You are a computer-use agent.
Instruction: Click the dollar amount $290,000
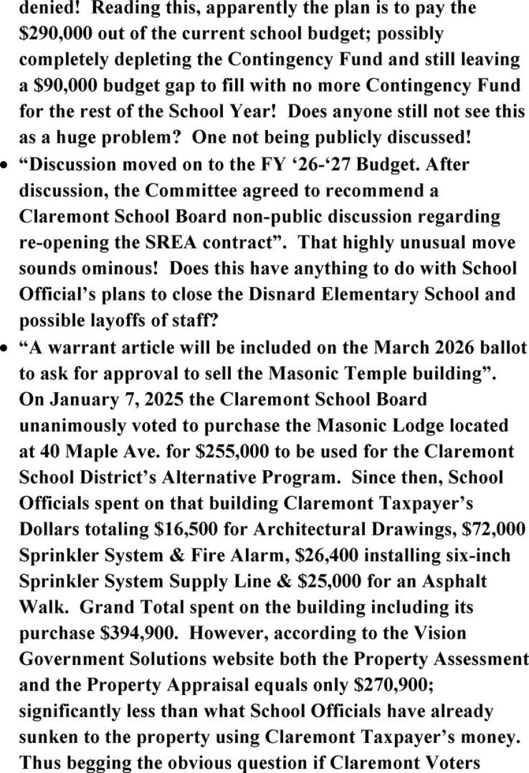coord(55,34)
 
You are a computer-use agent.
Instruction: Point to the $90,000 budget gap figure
coord(65,86)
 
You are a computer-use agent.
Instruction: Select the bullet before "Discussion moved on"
coord(5,165)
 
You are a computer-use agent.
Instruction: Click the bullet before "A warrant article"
coord(5,347)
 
